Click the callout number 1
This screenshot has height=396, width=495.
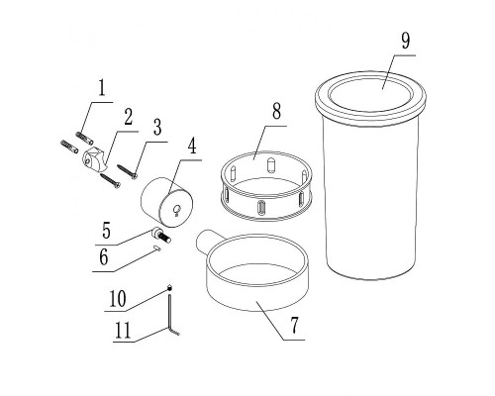point(102,88)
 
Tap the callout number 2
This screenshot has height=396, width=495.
point(128,117)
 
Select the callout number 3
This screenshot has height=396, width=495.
point(157,128)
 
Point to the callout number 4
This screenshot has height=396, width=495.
point(192,146)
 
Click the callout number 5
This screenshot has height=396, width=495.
point(106,231)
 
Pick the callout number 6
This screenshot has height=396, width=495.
point(104,257)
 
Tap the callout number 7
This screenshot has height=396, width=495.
point(294,325)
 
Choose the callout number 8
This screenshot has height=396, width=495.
point(276,111)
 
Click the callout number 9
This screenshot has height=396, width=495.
point(406,41)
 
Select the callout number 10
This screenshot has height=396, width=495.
point(118,299)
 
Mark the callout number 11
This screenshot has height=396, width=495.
point(123,331)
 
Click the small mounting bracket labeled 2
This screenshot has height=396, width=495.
point(94,159)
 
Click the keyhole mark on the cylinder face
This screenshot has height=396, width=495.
point(177,210)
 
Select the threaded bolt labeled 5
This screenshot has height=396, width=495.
point(161,236)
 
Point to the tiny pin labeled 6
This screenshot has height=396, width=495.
point(157,248)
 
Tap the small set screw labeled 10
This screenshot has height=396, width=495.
point(169,288)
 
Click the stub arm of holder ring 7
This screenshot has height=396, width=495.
point(205,243)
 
